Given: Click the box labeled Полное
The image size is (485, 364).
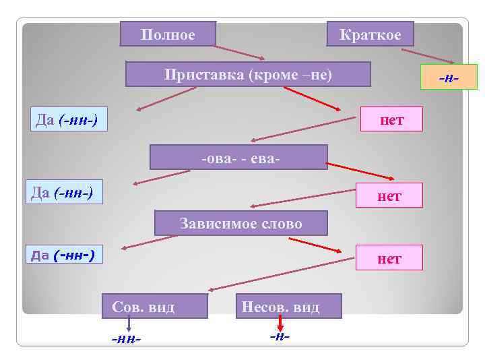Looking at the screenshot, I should pyautogui.click(x=168, y=34).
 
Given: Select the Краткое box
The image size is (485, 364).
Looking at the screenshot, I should pyautogui.click(x=370, y=34).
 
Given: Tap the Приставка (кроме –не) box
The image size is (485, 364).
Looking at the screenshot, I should pyautogui.click(x=248, y=74).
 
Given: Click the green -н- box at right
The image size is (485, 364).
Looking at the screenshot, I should pyautogui.click(x=448, y=77).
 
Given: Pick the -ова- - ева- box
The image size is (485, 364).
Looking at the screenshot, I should pyautogui.click(x=238, y=157).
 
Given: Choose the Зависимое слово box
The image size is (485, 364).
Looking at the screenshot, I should pyautogui.click(x=240, y=223).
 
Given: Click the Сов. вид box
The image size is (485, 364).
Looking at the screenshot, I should pyautogui.click(x=154, y=306).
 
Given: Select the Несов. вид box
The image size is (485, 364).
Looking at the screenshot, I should pyautogui.click(x=289, y=306).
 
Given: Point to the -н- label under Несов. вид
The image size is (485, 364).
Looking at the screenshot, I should pyautogui.click(x=280, y=335).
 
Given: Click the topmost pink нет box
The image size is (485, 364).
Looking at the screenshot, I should pyautogui.click(x=391, y=119).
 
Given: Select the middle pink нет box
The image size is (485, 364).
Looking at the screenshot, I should pyautogui.click(x=390, y=195).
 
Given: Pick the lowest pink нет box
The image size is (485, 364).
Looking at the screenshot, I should pyautogui.click(x=389, y=257).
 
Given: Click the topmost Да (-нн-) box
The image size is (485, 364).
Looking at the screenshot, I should pyautogui.click(x=69, y=119).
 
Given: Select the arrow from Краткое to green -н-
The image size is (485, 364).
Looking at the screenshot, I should pyautogui.click(x=428, y=55).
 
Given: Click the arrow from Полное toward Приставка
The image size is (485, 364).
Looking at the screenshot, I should pyautogui.click(x=240, y=53).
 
